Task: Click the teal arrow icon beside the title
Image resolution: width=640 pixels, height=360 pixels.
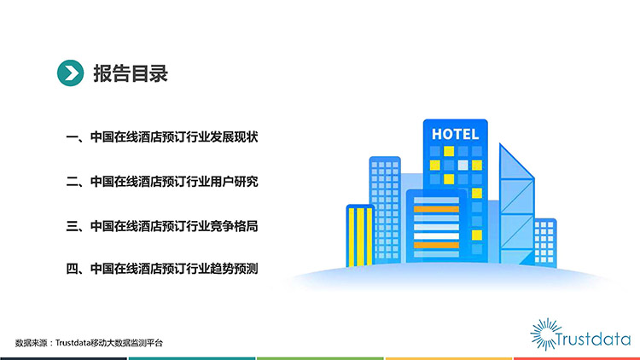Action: tap(70, 73)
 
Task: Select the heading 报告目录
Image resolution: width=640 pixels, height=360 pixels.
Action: tap(131, 73)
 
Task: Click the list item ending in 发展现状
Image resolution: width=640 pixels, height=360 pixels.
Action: tap(162, 136)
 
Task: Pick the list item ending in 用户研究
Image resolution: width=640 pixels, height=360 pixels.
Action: tap(162, 181)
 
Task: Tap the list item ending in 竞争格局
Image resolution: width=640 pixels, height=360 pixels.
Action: tap(162, 226)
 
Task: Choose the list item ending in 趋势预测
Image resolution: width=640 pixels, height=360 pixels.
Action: tap(162, 269)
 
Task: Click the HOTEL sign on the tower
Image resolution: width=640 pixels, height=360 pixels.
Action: tap(455, 134)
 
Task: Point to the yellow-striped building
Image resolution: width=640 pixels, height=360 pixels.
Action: tap(360, 236)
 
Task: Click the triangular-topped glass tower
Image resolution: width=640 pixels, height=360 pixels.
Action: tap(517, 204)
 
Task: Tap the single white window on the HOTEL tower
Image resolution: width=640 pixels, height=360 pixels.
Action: tap(463, 165)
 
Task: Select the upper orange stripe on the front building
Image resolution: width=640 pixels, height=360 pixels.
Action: tap(436, 209)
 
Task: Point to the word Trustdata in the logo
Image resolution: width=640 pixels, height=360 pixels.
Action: tap(593, 340)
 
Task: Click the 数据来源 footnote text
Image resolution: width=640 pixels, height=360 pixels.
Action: tap(89, 343)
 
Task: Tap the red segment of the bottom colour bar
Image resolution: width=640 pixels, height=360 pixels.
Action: tap(576, 358)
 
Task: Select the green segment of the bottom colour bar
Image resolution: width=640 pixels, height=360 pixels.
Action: tap(320, 358)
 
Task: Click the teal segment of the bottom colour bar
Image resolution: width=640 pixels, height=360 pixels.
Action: tap(192, 358)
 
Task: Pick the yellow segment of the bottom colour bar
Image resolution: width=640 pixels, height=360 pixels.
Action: tap(448, 358)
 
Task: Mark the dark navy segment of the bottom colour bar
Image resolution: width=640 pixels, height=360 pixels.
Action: tap(64, 358)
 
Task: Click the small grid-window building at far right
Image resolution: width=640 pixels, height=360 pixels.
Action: tap(545, 243)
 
